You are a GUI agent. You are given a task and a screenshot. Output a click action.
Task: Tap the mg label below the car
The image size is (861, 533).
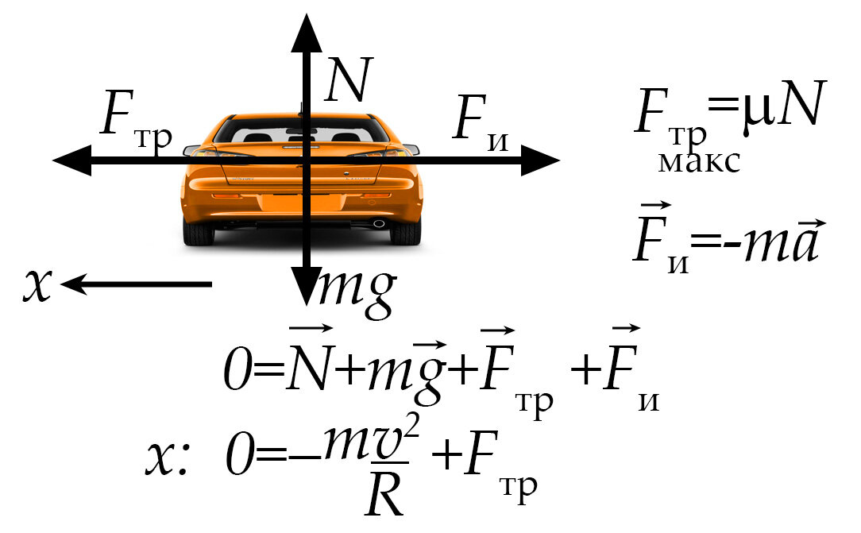point(356,291)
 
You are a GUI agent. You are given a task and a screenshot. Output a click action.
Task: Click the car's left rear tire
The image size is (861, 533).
point(199,232)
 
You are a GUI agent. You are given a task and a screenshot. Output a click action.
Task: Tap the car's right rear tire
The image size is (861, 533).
point(406,232)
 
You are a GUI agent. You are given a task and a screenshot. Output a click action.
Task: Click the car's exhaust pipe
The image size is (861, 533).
point(379,223)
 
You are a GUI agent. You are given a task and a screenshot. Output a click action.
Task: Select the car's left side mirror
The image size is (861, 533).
point(191,149)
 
